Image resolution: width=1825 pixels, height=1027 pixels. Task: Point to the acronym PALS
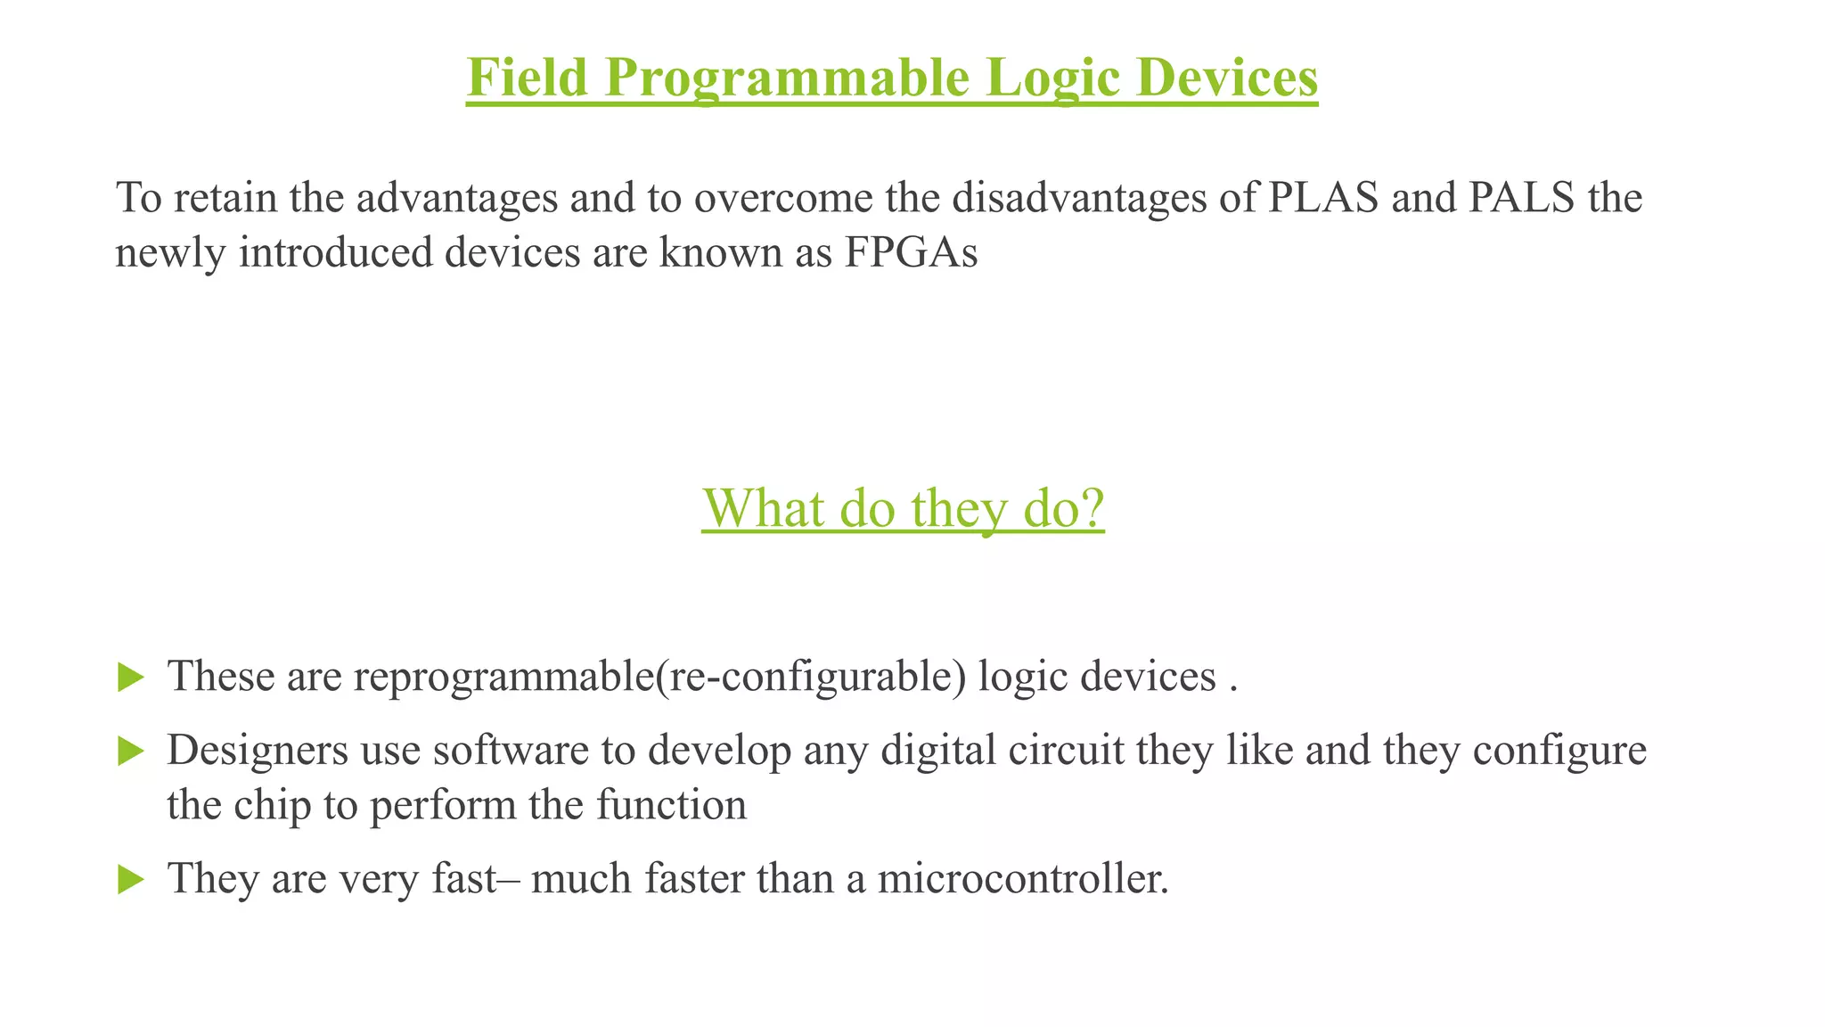tap(1523, 197)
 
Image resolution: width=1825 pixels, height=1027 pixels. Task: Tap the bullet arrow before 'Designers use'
tap(130, 752)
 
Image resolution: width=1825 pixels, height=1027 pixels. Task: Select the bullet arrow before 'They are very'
tap(130, 880)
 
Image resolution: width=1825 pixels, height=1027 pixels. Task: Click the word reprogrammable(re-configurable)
tap(660, 677)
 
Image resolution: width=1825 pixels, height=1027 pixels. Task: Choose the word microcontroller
tap(1022, 878)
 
